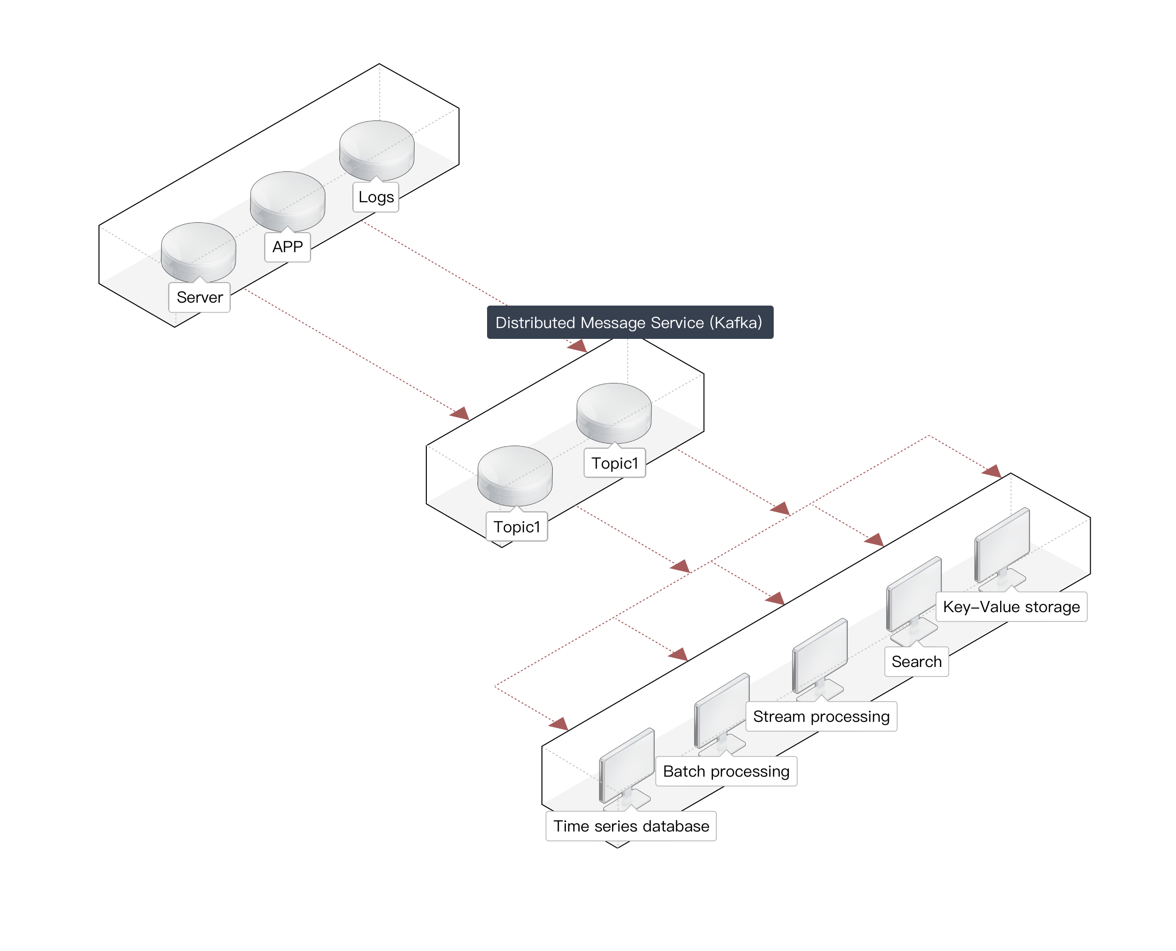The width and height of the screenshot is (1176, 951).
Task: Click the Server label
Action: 199,297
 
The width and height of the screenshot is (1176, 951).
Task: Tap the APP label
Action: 288,247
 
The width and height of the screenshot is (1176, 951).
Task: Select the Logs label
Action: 376,197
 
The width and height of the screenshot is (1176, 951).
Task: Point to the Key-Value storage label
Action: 1011,607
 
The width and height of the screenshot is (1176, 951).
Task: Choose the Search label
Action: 916,662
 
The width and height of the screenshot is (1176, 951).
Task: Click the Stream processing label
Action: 821,716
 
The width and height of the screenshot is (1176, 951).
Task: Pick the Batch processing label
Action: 726,771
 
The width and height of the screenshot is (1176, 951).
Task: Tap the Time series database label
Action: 631,826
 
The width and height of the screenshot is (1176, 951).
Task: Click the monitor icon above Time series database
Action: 627,767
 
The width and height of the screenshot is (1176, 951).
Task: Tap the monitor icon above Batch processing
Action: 722,712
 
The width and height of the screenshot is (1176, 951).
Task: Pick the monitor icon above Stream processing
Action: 820,657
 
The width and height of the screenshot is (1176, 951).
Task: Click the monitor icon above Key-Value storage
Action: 1002,547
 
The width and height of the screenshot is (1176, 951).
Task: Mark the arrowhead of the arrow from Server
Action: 460,414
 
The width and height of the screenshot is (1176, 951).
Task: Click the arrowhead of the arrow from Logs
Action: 578,346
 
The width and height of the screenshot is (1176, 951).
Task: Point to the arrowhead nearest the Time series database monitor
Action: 559,725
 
